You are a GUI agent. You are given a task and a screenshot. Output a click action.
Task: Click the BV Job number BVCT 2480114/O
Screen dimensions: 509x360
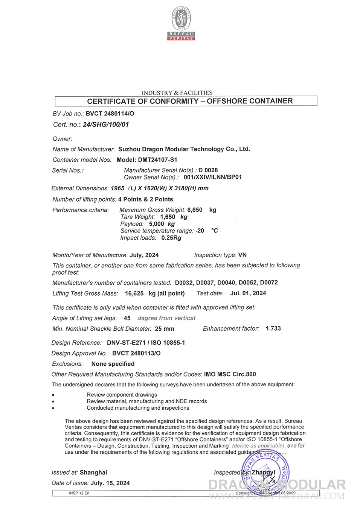pos(110,114)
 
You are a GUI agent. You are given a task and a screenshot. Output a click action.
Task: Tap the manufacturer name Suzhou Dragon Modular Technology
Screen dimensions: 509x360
pos(184,149)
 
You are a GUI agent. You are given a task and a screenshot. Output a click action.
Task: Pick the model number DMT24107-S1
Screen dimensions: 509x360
pos(157,160)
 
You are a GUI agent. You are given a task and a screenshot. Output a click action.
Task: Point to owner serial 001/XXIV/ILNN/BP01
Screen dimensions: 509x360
pos(213,177)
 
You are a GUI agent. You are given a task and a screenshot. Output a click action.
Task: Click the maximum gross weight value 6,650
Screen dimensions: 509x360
pos(195,210)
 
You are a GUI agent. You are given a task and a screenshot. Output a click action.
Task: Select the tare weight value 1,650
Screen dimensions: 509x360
pos(168,217)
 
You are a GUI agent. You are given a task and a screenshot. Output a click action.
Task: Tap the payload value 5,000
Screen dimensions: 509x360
pos(157,224)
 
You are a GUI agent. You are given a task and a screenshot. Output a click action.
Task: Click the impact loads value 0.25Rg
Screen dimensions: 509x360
pos(171,238)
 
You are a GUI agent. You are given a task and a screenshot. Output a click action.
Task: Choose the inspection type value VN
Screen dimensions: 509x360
pos(243,255)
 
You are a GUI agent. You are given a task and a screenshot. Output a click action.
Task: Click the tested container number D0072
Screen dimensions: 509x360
pos(269,283)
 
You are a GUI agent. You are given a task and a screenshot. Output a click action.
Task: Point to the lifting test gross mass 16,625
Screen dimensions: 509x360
pos(134,293)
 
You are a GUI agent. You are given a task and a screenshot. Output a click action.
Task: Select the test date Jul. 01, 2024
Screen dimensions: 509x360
pos(248,293)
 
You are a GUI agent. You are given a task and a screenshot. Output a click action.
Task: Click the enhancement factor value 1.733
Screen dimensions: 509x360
pos(273,328)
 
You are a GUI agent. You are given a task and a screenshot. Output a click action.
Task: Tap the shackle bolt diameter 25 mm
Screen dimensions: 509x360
pos(165,329)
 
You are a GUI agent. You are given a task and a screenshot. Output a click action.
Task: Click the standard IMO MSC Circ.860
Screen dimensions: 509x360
pos(230,374)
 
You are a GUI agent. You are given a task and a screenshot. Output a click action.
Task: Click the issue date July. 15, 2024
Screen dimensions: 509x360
pos(110,483)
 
